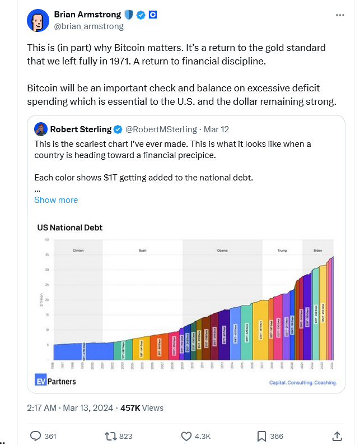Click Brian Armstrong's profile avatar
click(38, 20)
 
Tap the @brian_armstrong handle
click(88, 26)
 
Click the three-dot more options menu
click(340, 15)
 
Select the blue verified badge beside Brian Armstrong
click(141, 15)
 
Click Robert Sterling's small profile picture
click(40, 129)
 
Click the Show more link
click(56, 200)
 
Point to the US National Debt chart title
click(69, 228)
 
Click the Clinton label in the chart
click(78, 251)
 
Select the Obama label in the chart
click(222, 251)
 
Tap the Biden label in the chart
click(318, 251)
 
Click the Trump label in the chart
click(282, 251)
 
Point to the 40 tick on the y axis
click(48, 240)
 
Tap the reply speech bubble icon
click(35, 435)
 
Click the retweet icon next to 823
click(110, 435)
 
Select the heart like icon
click(186, 435)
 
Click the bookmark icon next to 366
click(261, 435)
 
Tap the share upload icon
click(337, 435)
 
